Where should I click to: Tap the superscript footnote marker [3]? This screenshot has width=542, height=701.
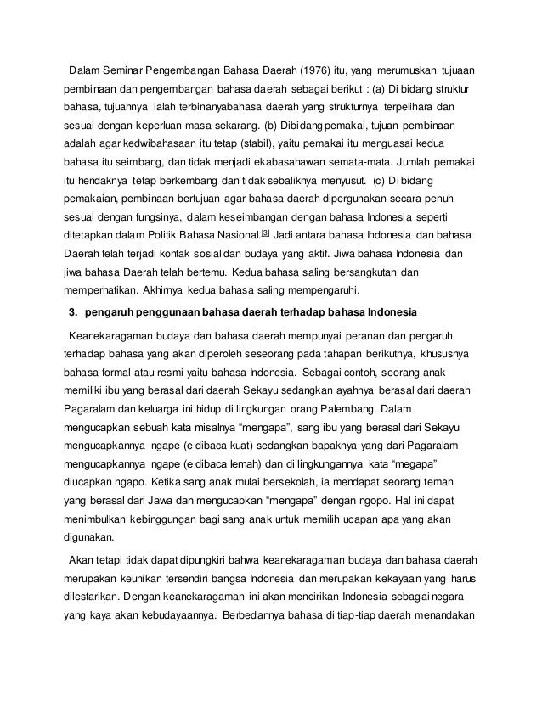coord(265,232)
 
